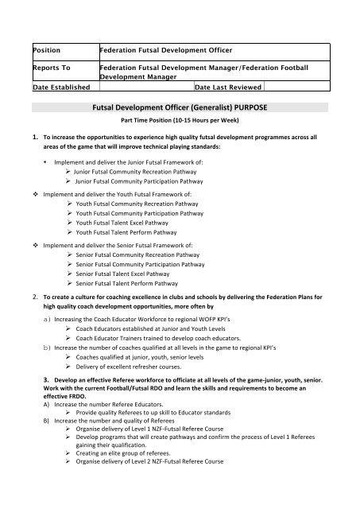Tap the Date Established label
coord(57,87)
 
